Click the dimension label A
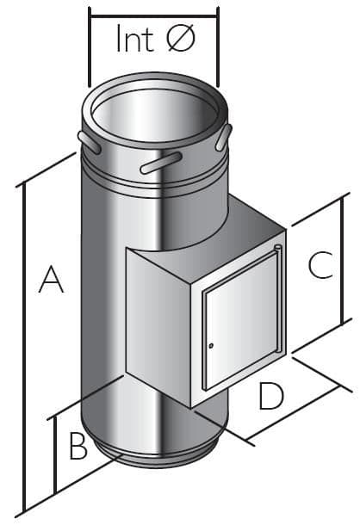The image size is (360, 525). click(x=52, y=281)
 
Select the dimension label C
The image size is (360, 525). click(x=320, y=265)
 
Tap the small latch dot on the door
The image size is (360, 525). click(x=209, y=346)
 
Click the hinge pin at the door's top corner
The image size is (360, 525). click(x=277, y=250)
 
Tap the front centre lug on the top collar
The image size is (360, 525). click(x=160, y=162)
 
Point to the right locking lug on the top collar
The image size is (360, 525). click(x=226, y=136)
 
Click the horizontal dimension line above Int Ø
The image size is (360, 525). click(x=154, y=15)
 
